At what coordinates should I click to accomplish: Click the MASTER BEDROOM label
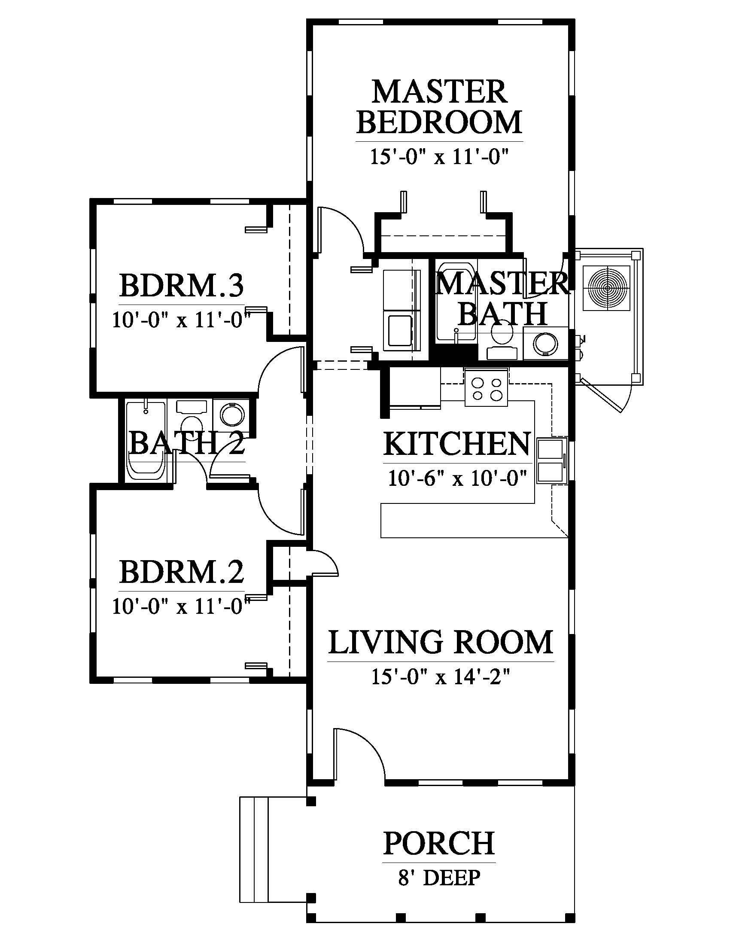pos(439,107)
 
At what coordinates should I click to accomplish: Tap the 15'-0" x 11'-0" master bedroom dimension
pos(438,157)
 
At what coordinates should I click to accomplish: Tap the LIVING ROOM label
pos(441,642)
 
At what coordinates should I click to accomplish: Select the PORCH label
pos(439,843)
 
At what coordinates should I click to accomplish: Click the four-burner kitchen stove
pos(487,389)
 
